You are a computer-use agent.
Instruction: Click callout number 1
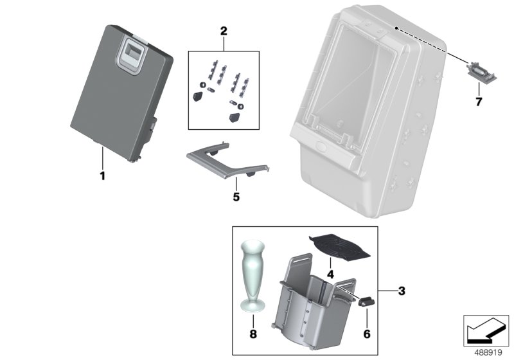(102, 175)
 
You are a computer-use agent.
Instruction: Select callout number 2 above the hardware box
(224, 31)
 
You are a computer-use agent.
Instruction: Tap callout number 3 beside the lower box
(401, 291)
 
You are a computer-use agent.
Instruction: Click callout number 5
(236, 197)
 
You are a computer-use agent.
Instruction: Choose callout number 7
(478, 102)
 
